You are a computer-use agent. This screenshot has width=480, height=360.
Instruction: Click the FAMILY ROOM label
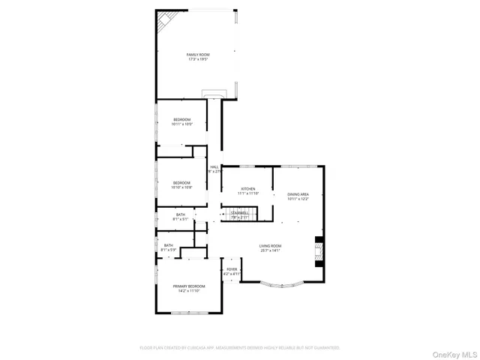point(197,55)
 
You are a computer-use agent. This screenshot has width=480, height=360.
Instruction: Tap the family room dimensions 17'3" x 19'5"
point(197,59)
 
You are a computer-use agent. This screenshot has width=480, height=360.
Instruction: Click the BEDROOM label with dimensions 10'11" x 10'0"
point(182,120)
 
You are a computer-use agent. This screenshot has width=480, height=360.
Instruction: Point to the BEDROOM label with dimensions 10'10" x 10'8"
point(182,183)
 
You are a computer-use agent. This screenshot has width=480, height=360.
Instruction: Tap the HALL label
point(214,166)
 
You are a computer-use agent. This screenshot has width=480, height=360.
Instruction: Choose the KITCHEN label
point(248,189)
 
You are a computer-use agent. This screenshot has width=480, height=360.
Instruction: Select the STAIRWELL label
point(239,213)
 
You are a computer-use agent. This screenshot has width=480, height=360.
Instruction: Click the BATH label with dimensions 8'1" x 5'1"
point(181,215)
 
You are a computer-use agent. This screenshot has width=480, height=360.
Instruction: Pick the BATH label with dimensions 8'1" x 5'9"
point(169,244)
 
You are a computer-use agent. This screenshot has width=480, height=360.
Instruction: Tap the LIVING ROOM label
point(271,246)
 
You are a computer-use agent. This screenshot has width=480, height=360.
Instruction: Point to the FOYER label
point(232,269)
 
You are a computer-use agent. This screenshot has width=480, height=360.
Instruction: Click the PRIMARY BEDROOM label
point(189,286)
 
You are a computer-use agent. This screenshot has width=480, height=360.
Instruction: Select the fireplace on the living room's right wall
point(319,252)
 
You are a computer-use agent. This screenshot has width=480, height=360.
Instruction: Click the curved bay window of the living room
point(282,284)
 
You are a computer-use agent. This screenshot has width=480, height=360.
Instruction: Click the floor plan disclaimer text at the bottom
point(240,348)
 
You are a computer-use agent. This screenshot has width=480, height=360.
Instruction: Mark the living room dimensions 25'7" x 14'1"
point(271,250)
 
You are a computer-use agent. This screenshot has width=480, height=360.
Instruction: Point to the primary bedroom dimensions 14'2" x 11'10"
point(189,291)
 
